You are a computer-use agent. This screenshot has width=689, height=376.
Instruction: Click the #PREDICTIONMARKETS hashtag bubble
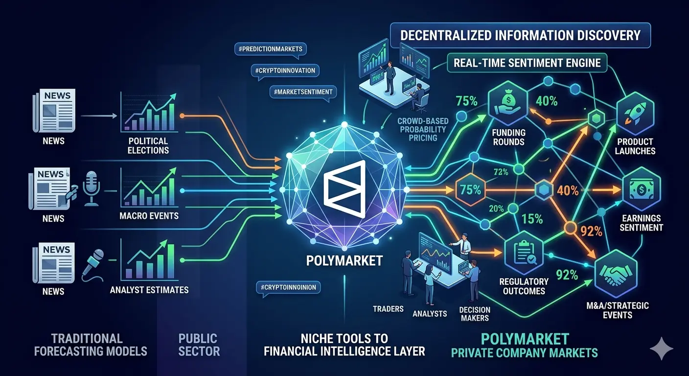click(x=271, y=49)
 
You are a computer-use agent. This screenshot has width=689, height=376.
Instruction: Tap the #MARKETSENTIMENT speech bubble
click(x=303, y=92)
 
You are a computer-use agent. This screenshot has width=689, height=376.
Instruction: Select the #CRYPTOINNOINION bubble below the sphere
click(x=288, y=287)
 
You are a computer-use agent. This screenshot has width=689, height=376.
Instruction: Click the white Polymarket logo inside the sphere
click(x=344, y=189)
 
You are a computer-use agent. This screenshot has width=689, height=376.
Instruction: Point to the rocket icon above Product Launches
click(x=636, y=115)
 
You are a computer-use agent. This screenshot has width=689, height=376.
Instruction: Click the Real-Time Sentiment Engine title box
click(x=527, y=63)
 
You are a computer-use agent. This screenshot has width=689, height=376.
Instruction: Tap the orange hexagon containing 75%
click(x=470, y=189)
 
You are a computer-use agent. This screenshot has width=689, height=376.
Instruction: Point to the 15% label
click(x=532, y=219)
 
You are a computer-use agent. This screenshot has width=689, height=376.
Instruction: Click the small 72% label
click(x=501, y=172)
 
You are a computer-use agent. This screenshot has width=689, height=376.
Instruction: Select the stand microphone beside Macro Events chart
click(x=91, y=188)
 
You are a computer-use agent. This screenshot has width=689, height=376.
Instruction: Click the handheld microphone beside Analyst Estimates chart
click(x=93, y=265)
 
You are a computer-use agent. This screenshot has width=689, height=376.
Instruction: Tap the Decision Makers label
click(x=475, y=314)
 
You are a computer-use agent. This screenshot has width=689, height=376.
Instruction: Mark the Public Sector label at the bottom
click(x=199, y=345)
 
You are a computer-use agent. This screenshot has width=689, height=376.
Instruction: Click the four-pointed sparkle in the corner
click(x=662, y=349)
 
